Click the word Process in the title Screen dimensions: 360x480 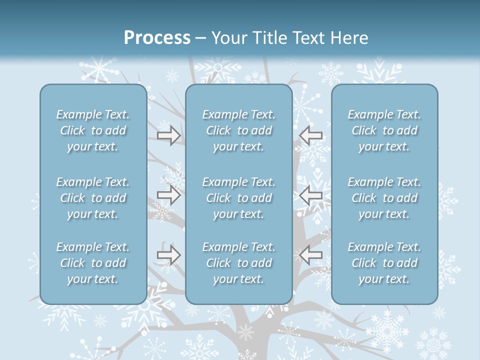point(157,38)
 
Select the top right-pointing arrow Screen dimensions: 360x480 point(168,135)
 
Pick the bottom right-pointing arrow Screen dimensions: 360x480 point(168,255)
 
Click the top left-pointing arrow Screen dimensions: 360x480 point(310,135)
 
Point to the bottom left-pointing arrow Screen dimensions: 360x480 point(310,255)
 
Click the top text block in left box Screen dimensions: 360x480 point(93,130)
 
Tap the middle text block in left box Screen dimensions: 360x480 point(93,198)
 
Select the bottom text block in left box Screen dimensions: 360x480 point(93,263)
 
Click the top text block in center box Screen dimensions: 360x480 point(239,130)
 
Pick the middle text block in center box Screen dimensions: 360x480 point(239,198)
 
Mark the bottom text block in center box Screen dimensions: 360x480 point(239,263)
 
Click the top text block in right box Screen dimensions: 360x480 point(384,130)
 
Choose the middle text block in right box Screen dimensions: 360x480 point(384,198)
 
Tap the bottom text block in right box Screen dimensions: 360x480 point(384,263)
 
